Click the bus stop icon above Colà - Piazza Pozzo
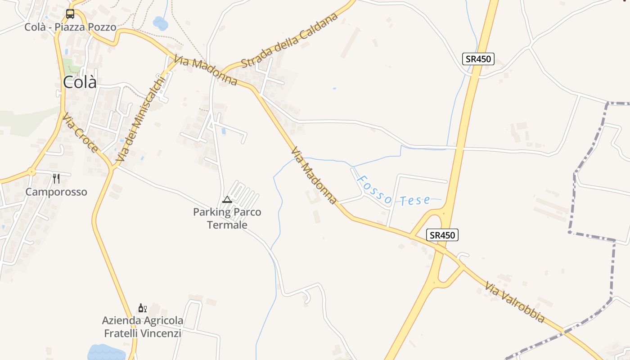pyautogui.click(x=70, y=14)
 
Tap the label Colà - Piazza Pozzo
pyautogui.click(x=70, y=27)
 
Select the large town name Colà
pyautogui.click(x=80, y=82)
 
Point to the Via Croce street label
pyautogui.click(x=81, y=133)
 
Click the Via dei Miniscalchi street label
pyautogui.click(x=140, y=119)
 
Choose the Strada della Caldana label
pyautogui.click(x=289, y=40)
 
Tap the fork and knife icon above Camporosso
pyautogui.click(x=56, y=179)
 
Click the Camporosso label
pyautogui.click(x=56, y=192)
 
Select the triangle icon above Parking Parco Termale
pyautogui.click(x=227, y=199)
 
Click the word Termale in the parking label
pyautogui.click(x=227, y=225)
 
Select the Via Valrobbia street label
pyautogui.click(x=515, y=302)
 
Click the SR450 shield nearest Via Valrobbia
pyautogui.click(x=442, y=235)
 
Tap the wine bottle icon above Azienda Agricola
pyautogui.click(x=142, y=308)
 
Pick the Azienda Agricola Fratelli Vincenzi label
pyautogui.click(x=143, y=327)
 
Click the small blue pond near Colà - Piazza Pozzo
pyautogui.click(x=160, y=22)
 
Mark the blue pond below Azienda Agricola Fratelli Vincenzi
pyautogui.click(x=106, y=352)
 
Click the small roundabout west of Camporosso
pyautogui.click(x=31, y=172)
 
